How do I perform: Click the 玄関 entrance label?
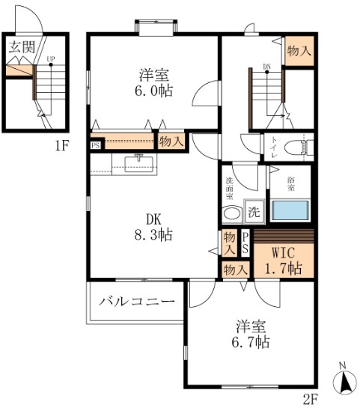pos(22,46)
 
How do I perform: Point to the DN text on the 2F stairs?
pos(266,67)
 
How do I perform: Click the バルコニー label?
pos(138,301)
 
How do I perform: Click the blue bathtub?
pos(290,209)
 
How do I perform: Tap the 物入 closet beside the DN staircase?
pos(299,50)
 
